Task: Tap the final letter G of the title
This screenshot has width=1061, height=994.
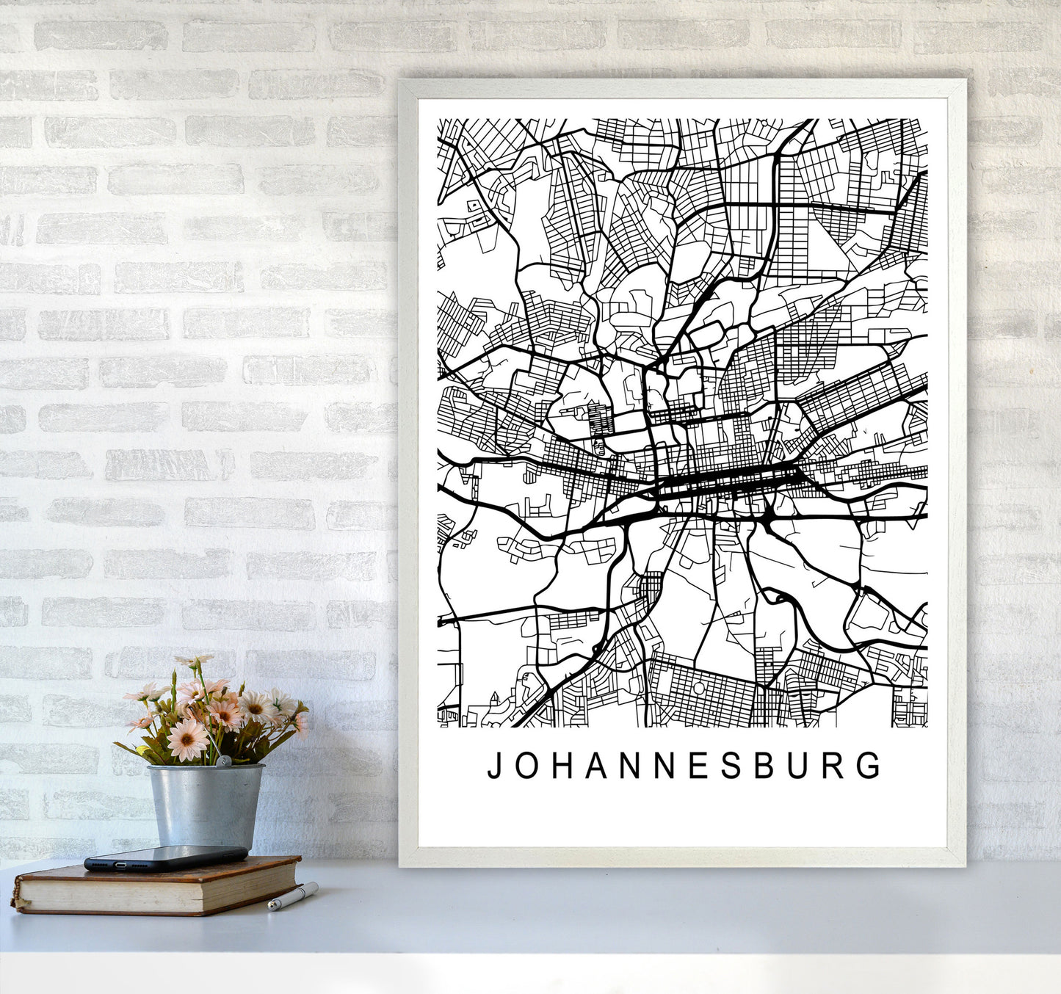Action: pyautogui.click(x=871, y=766)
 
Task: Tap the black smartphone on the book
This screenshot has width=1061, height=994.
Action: pyautogui.click(x=166, y=857)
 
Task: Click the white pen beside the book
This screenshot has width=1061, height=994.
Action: pyautogui.click(x=293, y=896)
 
